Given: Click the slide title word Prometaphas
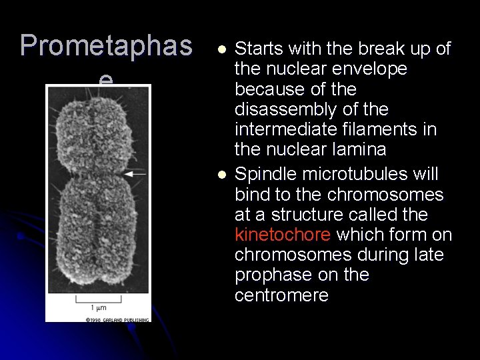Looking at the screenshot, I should click(x=106, y=45).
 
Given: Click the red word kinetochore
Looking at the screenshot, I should click(x=283, y=235).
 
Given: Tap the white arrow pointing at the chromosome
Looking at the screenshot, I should click(x=136, y=173).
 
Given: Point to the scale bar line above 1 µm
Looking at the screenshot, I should click(x=97, y=298).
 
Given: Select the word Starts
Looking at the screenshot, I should click(x=259, y=49).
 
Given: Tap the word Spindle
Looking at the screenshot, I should click(x=265, y=175).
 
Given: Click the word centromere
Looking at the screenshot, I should click(x=281, y=295).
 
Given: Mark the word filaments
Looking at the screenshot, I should click(x=371, y=129).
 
